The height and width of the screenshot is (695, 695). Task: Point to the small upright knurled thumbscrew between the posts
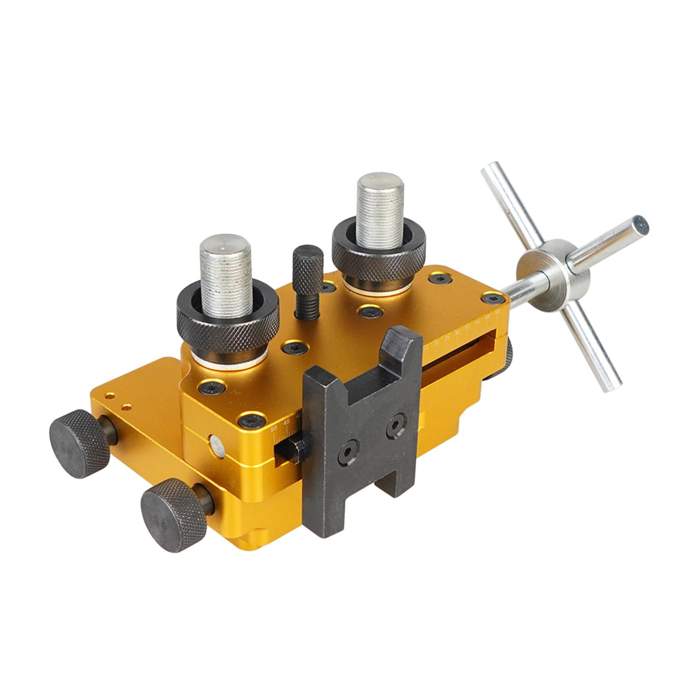308,269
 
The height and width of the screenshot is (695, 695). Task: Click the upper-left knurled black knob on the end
80,443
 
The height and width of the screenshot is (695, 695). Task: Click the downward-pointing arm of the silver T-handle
595,352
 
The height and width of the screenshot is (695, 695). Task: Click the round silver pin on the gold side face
216,447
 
